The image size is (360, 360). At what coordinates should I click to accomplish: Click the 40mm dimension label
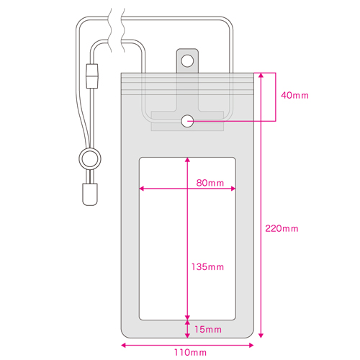coord(294,96)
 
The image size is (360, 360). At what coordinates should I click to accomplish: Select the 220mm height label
coord(282,228)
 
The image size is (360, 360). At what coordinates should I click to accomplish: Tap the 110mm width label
coord(190,353)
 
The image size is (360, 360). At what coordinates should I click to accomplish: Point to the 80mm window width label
coord(210,183)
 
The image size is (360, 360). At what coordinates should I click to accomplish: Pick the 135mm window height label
coord(207,267)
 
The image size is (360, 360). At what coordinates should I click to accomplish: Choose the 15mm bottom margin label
coord(208,330)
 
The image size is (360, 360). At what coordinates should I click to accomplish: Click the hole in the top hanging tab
coord(187,60)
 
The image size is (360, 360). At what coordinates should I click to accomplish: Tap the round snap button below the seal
coord(187,121)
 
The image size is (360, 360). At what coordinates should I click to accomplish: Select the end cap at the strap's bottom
coord(90,194)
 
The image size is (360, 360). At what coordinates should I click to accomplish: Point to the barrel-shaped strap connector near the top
coord(92,76)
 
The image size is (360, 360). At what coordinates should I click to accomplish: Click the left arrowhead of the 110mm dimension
coord(123,346)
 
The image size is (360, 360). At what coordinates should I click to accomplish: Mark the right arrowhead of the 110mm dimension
coord(251,346)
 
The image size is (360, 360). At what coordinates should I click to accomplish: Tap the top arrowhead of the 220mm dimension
coord(261,76)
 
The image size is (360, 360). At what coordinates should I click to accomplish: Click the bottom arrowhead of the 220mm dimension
coord(261,336)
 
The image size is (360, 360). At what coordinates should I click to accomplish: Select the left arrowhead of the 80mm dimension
coord(142,189)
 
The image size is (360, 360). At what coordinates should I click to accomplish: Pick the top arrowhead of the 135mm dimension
coord(187,160)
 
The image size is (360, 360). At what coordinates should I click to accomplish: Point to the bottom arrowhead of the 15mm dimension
coord(187,336)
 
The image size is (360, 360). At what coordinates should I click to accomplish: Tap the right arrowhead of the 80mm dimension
coord(233,189)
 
